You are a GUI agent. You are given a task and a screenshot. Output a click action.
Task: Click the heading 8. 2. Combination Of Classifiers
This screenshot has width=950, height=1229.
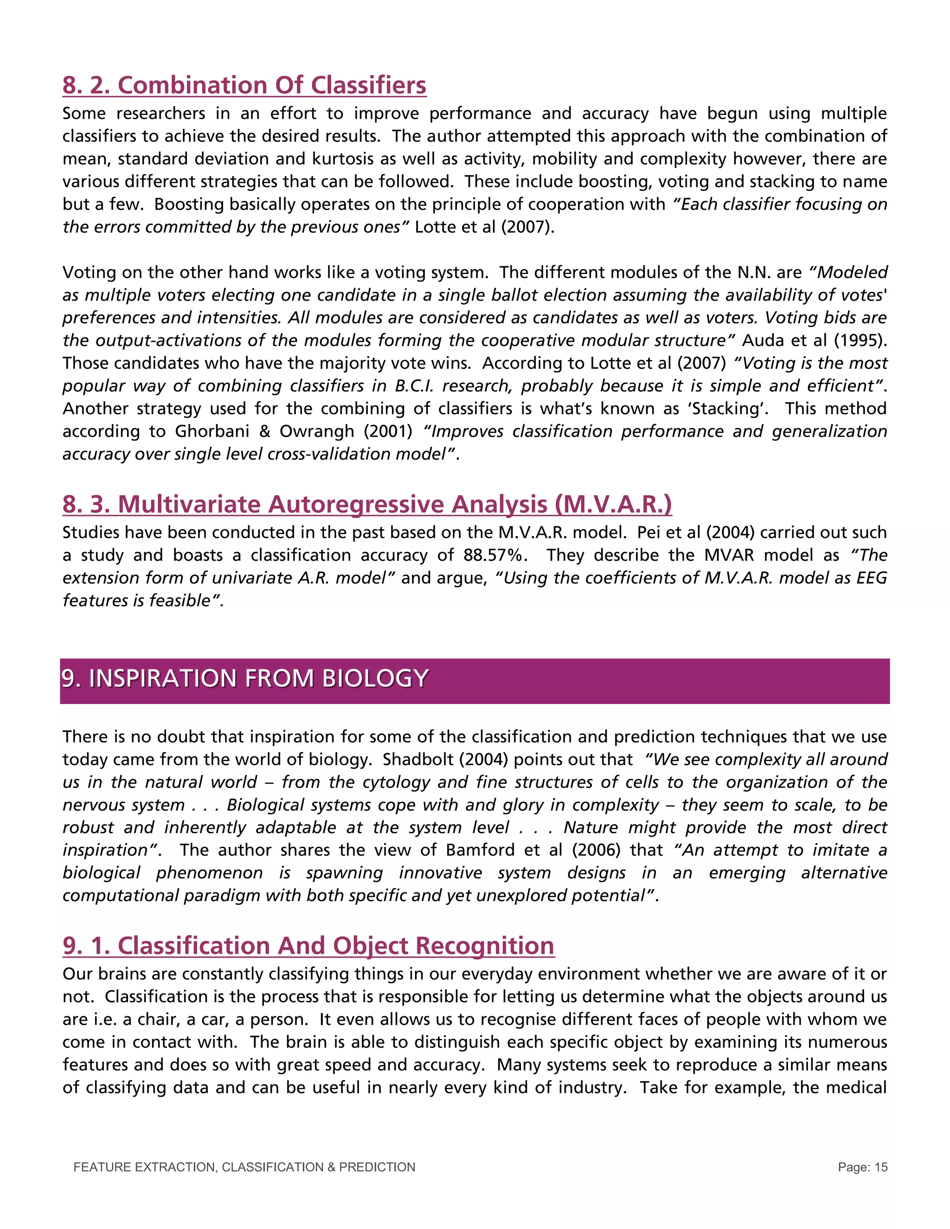(244, 85)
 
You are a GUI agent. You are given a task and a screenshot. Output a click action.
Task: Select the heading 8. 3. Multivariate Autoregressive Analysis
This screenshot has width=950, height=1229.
(367, 504)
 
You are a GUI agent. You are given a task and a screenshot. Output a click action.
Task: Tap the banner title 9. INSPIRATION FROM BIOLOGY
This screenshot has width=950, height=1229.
(245, 678)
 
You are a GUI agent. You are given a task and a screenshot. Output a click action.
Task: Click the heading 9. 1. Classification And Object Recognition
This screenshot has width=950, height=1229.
(308, 945)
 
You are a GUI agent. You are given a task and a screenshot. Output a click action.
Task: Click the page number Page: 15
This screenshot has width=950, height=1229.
(862, 1168)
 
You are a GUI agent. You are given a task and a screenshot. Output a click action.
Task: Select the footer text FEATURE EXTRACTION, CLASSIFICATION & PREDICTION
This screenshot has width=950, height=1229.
(244, 1168)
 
